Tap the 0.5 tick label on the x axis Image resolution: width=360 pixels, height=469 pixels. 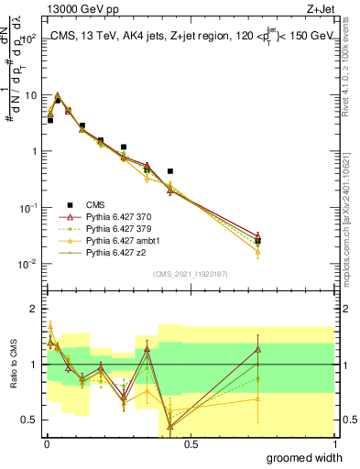191,443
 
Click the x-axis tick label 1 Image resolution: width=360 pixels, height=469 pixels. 335,443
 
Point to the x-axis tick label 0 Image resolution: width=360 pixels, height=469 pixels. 46,443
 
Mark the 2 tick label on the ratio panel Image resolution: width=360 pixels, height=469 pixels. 33,309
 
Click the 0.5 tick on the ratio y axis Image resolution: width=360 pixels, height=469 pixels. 29,420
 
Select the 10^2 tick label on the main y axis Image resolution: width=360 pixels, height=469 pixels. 27,39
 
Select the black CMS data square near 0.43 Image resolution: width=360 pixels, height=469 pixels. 170,171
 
